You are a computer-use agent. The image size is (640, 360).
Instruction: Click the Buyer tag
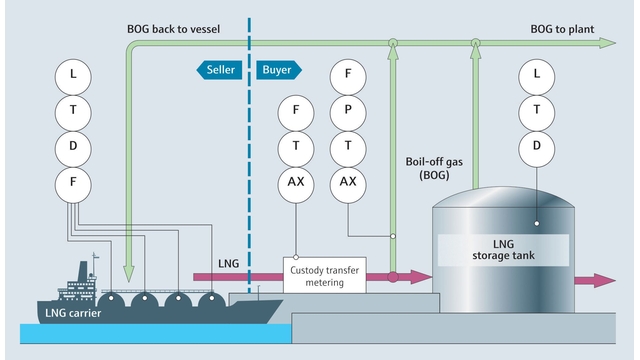point(276,70)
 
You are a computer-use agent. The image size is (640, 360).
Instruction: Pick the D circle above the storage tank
point(537,146)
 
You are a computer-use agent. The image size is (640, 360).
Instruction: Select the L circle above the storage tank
point(537,74)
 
